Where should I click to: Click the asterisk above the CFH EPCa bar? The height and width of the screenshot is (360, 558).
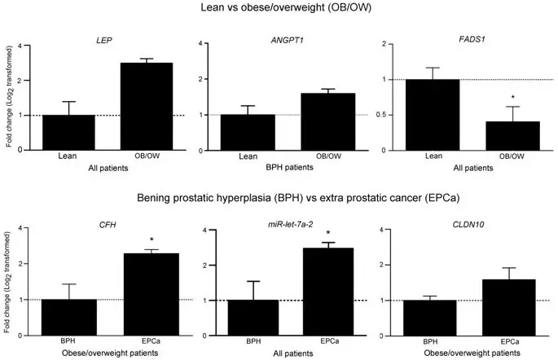[x=151, y=241]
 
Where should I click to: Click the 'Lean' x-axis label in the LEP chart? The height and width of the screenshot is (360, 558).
[x=68, y=155]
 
